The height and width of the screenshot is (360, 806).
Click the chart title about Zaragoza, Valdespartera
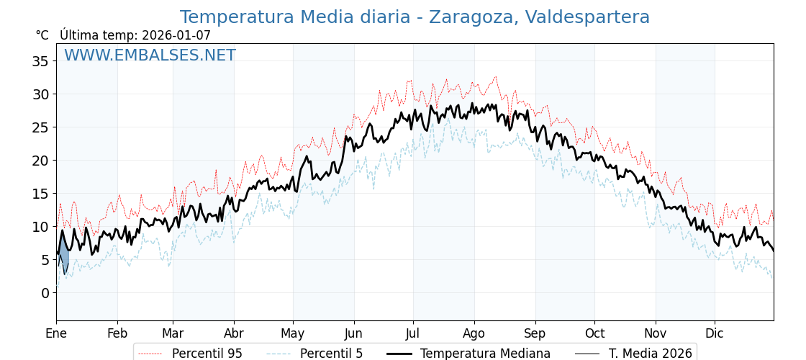pyautogui.click(x=415, y=17)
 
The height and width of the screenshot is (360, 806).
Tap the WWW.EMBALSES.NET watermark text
pyautogui.click(x=150, y=55)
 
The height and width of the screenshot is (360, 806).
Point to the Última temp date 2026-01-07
pyautogui.click(x=176, y=35)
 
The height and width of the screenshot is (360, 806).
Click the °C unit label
pyautogui.click(x=42, y=35)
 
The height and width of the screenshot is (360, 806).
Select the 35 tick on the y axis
pyautogui.click(x=40, y=61)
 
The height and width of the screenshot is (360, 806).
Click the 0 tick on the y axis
pyautogui.click(x=45, y=293)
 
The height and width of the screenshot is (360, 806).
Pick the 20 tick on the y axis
pyautogui.click(x=40, y=161)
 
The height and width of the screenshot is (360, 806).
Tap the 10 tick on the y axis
pyautogui.click(x=40, y=227)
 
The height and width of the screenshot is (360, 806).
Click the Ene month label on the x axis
pyautogui.click(x=56, y=334)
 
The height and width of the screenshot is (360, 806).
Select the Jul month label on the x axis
pyautogui.click(x=413, y=334)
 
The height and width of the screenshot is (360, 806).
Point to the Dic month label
pyautogui.click(x=715, y=334)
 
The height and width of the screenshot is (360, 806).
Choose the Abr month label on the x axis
pyautogui.click(x=234, y=334)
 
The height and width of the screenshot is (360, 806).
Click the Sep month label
pyautogui.click(x=535, y=334)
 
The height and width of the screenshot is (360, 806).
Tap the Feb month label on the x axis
pyautogui.click(x=117, y=334)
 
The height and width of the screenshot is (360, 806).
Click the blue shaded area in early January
pyautogui.click(x=63, y=256)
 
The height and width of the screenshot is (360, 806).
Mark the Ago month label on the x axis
pyautogui.click(x=474, y=334)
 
